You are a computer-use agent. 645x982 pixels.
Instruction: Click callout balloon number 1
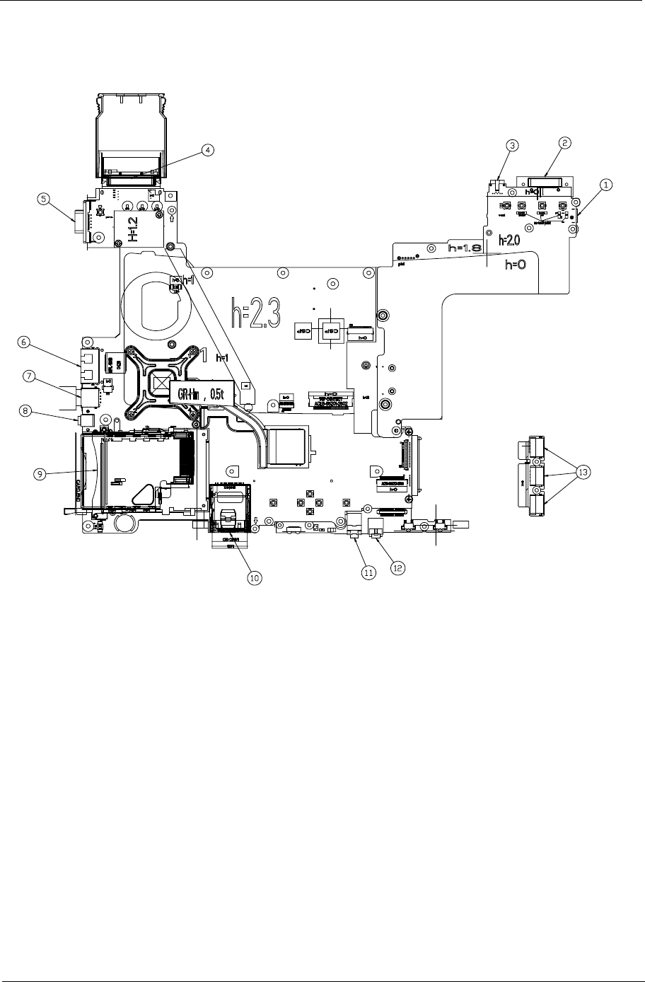coord(606,183)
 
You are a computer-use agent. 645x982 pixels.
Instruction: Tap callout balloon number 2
coord(564,142)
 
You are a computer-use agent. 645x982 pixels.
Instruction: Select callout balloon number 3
coord(513,144)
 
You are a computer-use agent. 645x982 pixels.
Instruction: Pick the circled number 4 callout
coord(207,149)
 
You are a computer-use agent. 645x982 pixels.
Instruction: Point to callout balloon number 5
coord(44,199)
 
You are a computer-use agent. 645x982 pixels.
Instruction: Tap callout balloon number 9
coord(43,475)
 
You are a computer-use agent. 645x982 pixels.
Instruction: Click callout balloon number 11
coord(368,572)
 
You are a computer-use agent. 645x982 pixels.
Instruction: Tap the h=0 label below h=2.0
coord(518,265)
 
